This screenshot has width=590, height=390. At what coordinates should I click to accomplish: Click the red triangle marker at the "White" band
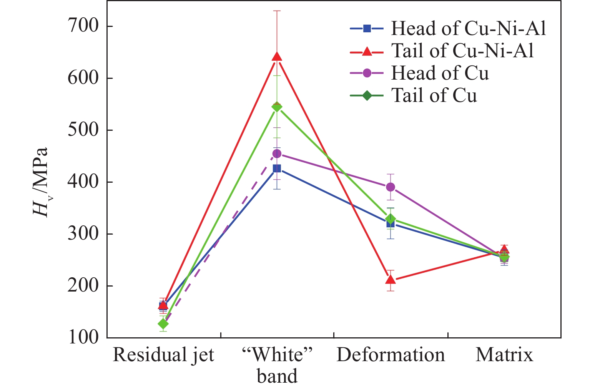[277, 57]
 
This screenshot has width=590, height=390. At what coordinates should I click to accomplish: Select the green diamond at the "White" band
[277, 107]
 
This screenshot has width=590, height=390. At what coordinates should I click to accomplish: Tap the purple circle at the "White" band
[277, 154]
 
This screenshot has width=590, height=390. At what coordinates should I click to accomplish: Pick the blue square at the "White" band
[277, 168]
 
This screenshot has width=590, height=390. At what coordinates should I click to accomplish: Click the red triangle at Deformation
[391, 279]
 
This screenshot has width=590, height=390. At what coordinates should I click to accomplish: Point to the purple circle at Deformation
[391, 187]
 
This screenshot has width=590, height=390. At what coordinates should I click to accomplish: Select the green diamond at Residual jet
[163, 324]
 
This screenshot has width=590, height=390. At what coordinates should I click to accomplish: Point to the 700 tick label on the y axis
[83, 26]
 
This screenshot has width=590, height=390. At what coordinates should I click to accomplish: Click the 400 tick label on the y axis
[83, 182]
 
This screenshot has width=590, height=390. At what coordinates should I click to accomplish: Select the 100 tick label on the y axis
[83, 337]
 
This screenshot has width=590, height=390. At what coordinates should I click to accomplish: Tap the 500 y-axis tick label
[83, 130]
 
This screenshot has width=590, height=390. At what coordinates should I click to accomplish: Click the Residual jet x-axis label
[163, 355]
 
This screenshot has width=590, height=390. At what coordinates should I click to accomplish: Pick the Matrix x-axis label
[504, 355]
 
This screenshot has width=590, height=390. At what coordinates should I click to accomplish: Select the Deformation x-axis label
[391, 355]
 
